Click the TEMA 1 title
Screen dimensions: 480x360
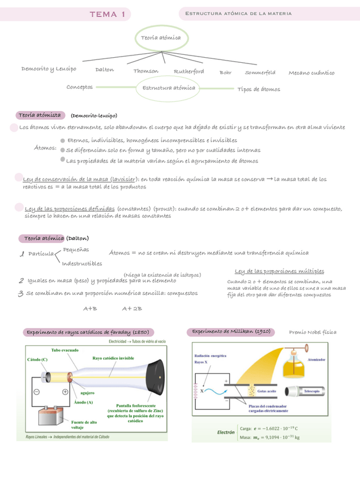[107, 14]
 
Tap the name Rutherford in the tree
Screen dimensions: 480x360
[189, 72]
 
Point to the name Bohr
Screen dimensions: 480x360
[225, 72]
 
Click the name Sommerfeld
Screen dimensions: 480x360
[260, 72]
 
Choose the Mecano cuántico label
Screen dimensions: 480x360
[311, 72]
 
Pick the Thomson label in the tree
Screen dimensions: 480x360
[146, 71]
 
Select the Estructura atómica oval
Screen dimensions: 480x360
[169, 88]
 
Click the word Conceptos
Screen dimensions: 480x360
[79, 87]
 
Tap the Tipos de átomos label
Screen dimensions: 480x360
[259, 89]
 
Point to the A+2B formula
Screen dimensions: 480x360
[132, 308]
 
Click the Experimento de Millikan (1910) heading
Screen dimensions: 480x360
[231, 331]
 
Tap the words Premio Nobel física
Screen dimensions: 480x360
[312, 332]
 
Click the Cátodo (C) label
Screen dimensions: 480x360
[37, 359]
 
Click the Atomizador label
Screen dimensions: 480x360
[316, 358]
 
